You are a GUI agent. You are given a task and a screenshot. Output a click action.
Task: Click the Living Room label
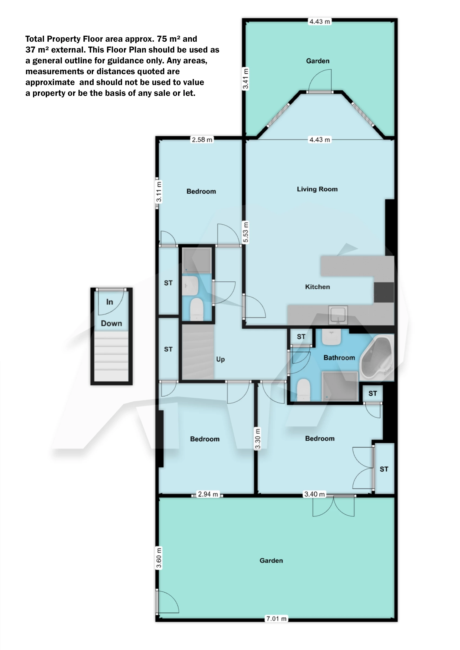(x=317, y=189)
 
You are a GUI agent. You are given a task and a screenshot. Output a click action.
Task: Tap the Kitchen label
(x=317, y=287)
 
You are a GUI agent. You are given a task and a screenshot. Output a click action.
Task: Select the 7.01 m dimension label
(x=276, y=618)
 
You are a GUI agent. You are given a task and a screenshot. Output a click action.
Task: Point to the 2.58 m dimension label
(x=202, y=139)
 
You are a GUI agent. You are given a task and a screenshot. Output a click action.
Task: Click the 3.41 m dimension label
(x=245, y=79)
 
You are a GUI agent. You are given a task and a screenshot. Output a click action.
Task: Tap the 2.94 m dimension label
(x=208, y=494)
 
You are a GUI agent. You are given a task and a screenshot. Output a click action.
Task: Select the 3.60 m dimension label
(x=159, y=558)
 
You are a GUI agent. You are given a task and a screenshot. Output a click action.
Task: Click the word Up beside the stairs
(x=220, y=359)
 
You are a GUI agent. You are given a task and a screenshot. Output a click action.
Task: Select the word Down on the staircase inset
(x=111, y=323)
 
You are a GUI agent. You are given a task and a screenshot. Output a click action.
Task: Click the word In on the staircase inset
(x=110, y=302)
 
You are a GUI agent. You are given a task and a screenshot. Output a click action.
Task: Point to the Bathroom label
(x=339, y=357)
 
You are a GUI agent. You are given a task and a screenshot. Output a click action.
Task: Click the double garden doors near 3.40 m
(x=333, y=506)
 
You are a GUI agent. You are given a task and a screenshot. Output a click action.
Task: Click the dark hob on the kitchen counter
(x=383, y=292)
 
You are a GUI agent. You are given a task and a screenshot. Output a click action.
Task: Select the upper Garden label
(x=317, y=61)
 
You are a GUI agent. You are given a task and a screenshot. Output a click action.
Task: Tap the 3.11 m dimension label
(x=159, y=192)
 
